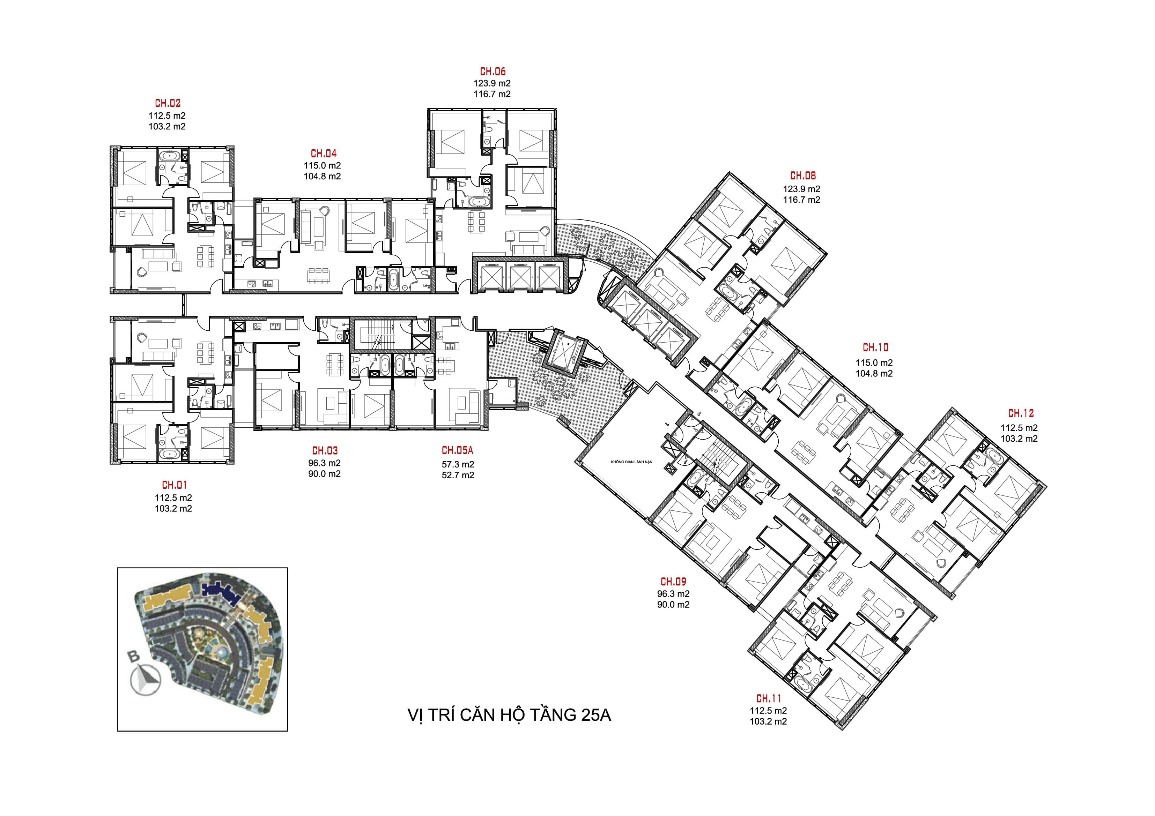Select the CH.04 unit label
[324, 154]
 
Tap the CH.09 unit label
[673, 582]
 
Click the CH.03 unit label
[325, 450]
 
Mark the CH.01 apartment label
[174, 485]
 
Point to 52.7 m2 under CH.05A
[458, 475]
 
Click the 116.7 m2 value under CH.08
[802, 200]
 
